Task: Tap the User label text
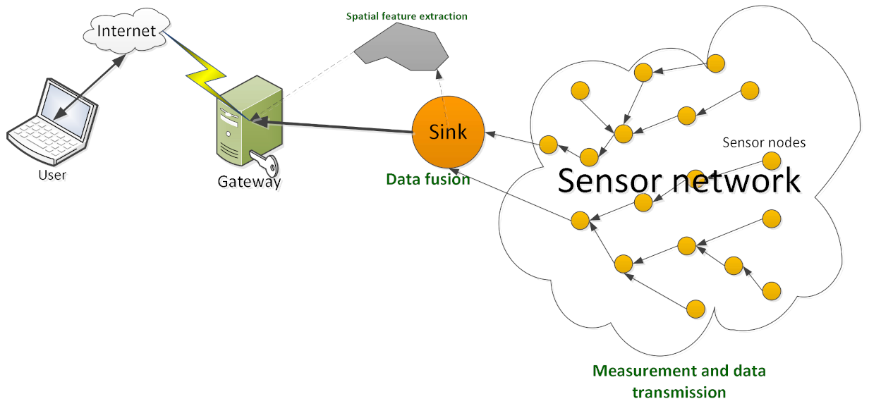click(x=51, y=174)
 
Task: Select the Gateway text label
click(x=249, y=182)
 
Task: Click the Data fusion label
click(x=427, y=179)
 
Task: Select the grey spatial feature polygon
click(x=403, y=51)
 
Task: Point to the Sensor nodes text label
click(x=764, y=143)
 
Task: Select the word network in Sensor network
click(x=745, y=180)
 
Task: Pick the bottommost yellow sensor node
click(x=695, y=309)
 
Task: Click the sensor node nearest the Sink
click(x=549, y=144)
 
